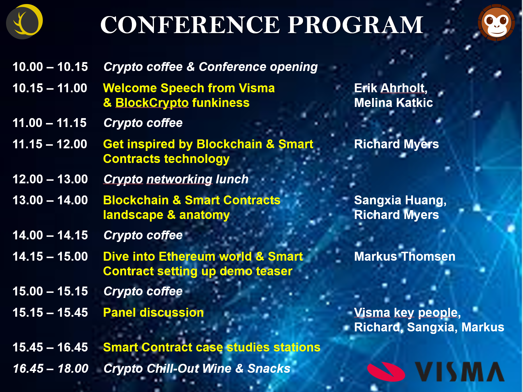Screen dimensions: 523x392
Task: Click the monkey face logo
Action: [496, 22]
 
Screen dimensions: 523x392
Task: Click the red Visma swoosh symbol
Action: [386, 372]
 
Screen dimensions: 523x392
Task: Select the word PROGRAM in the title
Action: [356, 25]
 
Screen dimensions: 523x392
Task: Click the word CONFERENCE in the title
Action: [190, 25]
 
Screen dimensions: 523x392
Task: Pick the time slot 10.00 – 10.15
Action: [50, 67]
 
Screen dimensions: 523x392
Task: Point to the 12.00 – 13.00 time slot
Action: [50, 179]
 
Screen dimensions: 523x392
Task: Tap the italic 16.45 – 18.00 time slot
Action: [51, 368]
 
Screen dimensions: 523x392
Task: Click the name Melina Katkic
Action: [393, 103]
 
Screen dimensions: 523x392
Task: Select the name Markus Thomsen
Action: [405, 256]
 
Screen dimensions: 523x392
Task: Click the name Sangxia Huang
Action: [400, 201]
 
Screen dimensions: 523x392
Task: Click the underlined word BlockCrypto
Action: [152, 103]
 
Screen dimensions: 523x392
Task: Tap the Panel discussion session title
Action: [153, 312]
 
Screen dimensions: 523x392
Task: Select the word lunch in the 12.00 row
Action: [232, 179]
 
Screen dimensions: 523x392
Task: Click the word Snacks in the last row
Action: [269, 368]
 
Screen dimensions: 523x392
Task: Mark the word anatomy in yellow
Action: [204, 215]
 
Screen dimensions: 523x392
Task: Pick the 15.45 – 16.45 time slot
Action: [50, 347]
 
